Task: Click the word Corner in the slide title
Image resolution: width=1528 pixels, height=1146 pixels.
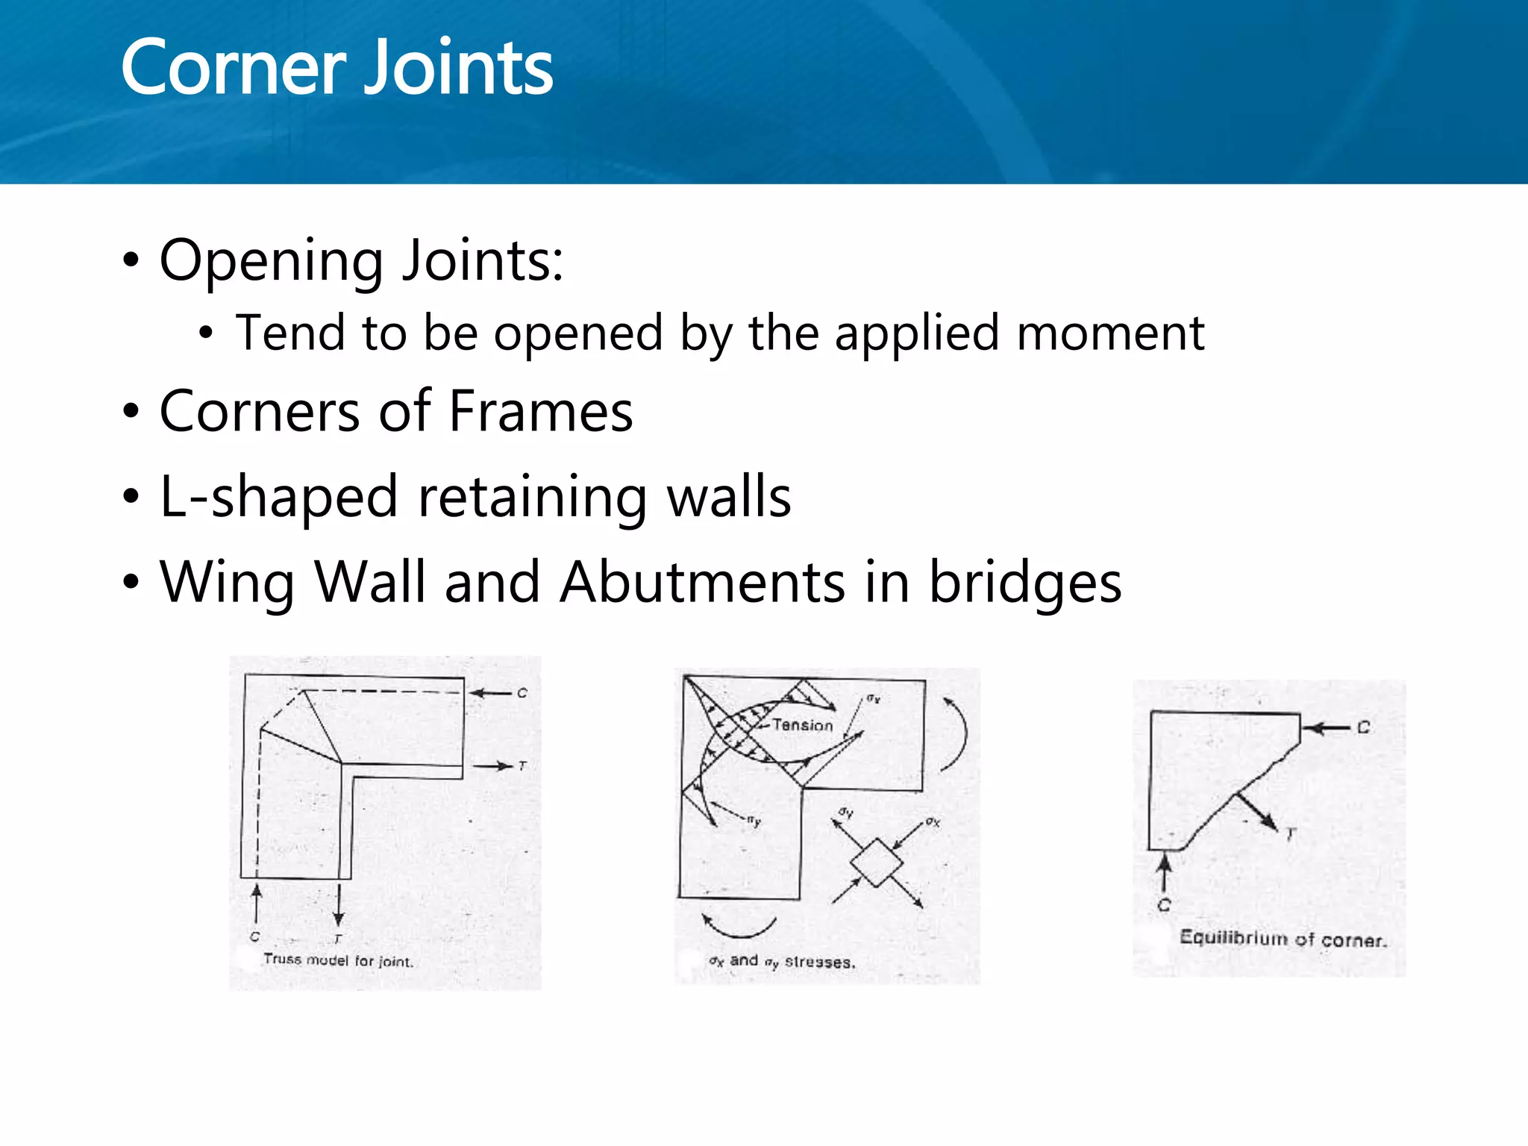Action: point(232,69)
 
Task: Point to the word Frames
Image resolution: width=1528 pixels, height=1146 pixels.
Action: point(541,412)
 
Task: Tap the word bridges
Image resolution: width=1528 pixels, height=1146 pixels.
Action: point(1025,583)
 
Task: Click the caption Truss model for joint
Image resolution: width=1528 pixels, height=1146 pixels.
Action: point(338,960)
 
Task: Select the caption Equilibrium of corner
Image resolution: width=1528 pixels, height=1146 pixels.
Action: point(1283,939)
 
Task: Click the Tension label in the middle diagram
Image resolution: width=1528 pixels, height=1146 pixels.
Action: point(802,724)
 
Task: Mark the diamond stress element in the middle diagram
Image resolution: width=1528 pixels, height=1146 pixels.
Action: point(877,863)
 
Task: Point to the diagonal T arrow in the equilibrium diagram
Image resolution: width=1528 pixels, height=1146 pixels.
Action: point(1257,811)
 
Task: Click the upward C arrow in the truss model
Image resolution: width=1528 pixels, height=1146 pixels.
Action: point(257,903)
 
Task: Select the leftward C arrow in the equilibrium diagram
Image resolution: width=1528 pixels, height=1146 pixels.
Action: point(1327,727)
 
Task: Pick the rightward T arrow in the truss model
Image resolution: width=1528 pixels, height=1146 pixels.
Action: point(493,765)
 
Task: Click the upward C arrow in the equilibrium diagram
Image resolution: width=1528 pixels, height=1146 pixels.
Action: point(1165,871)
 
